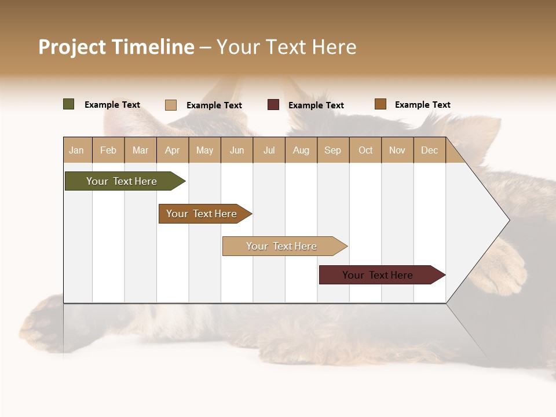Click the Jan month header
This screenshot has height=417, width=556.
coord(77,150)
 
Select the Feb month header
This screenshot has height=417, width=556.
coord(108,150)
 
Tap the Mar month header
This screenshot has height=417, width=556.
coord(140,150)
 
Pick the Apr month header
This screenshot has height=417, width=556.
coord(173,150)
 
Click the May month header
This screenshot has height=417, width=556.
coord(204,150)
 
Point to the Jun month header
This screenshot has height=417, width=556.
coord(237,150)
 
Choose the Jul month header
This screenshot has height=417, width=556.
coord(269,150)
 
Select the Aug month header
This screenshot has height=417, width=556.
coord(301,150)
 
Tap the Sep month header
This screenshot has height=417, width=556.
coord(333,150)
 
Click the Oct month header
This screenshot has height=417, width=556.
coord(365,150)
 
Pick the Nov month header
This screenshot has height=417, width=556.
coord(397,150)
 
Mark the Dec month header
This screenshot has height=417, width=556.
coord(430,150)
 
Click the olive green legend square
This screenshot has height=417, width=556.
coord(68,104)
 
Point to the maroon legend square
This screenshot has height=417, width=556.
coord(273,105)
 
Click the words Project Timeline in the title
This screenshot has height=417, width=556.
coord(116,47)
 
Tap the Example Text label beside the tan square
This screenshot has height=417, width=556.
coord(214,105)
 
